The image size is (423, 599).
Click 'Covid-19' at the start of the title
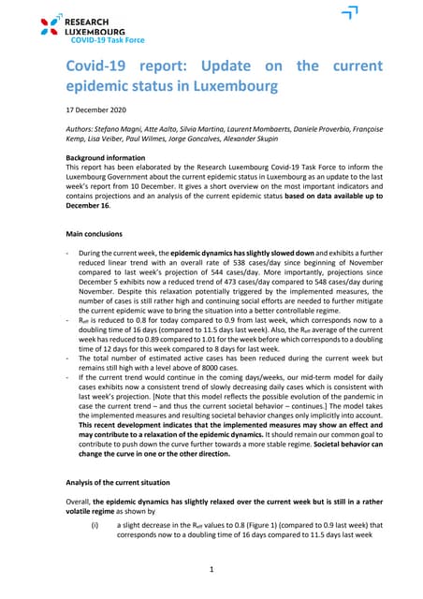pos(95,66)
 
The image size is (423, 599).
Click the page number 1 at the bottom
pos(211,568)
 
